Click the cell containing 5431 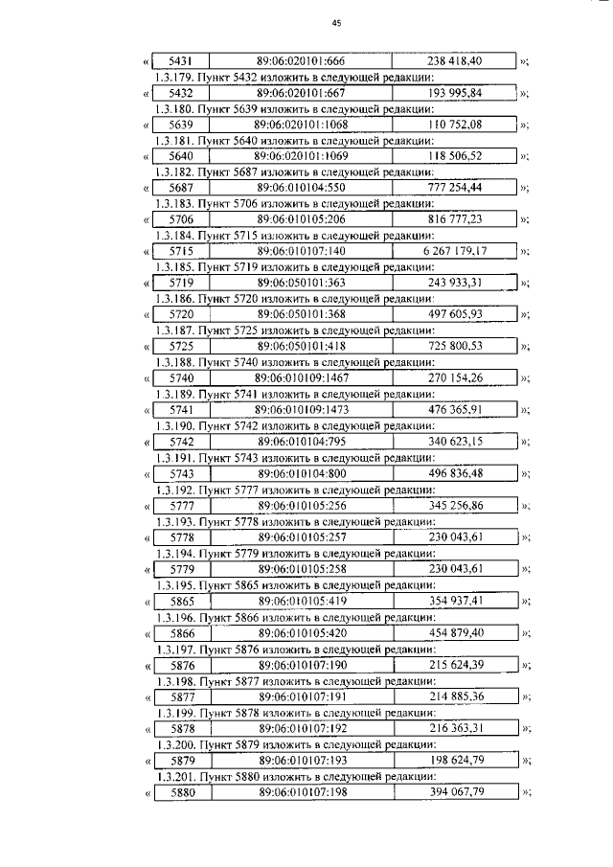(x=180, y=61)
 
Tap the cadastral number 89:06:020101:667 (x=300, y=93)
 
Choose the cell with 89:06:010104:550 (x=300, y=188)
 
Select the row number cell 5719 (x=180, y=283)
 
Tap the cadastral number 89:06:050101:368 (x=300, y=314)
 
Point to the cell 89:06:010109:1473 (x=300, y=409)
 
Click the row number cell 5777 (x=180, y=505)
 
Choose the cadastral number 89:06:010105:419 (x=300, y=601)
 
